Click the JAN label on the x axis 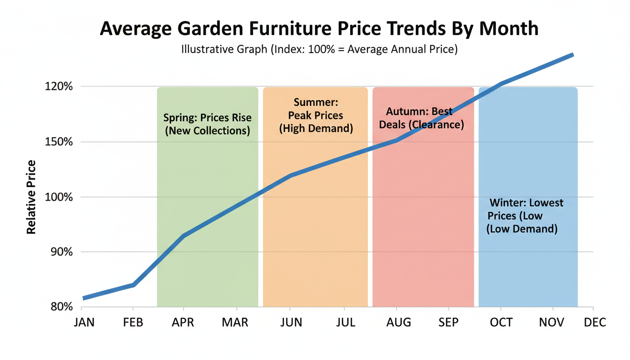click(x=84, y=323)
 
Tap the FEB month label click(x=134, y=323)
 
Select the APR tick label click(x=184, y=323)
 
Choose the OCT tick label click(x=501, y=323)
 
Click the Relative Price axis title click(x=31, y=197)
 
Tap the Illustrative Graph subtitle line click(x=319, y=49)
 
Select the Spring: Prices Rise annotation click(x=207, y=124)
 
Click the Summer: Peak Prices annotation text click(x=316, y=115)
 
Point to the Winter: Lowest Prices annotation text click(x=524, y=216)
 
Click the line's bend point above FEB click(x=134, y=285)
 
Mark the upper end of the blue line click(x=572, y=55)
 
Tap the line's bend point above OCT click(x=502, y=84)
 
